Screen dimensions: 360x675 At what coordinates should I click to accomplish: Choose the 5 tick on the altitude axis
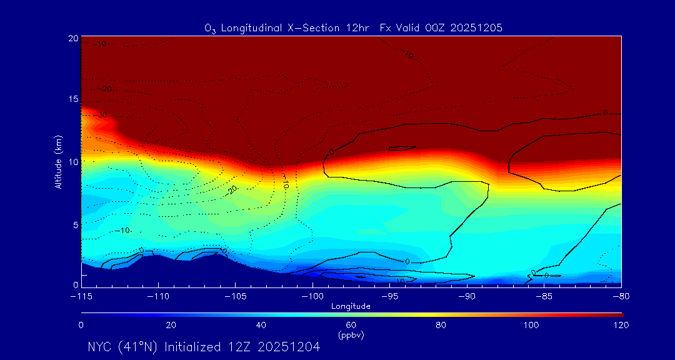(x=74, y=224)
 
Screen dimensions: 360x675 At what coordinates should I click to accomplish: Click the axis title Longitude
(x=351, y=306)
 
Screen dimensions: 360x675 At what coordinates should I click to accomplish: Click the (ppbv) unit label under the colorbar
(x=351, y=335)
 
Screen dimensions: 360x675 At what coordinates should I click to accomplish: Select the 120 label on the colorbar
(x=621, y=325)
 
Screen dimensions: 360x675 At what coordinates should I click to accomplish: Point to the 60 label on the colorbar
(x=351, y=325)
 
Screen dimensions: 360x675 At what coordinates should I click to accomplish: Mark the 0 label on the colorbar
(x=81, y=325)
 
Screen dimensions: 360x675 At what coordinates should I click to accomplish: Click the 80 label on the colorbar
(x=441, y=325)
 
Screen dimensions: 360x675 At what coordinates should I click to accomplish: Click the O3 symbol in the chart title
(x=210, y=28)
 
